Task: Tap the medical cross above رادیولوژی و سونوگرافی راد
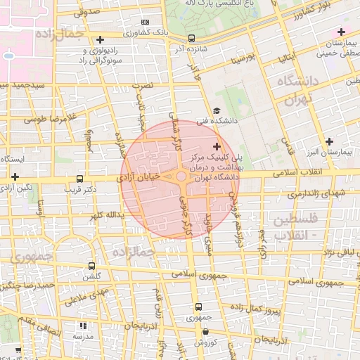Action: click(101, 39)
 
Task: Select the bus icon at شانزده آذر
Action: click(193, 39)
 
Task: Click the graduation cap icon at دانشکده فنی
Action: click(217, 111)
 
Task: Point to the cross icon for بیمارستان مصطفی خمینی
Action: click(341, 32)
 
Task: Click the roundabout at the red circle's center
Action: click(181, 177)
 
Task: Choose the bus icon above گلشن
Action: click(91, 266)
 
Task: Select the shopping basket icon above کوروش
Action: click(198, 331)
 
